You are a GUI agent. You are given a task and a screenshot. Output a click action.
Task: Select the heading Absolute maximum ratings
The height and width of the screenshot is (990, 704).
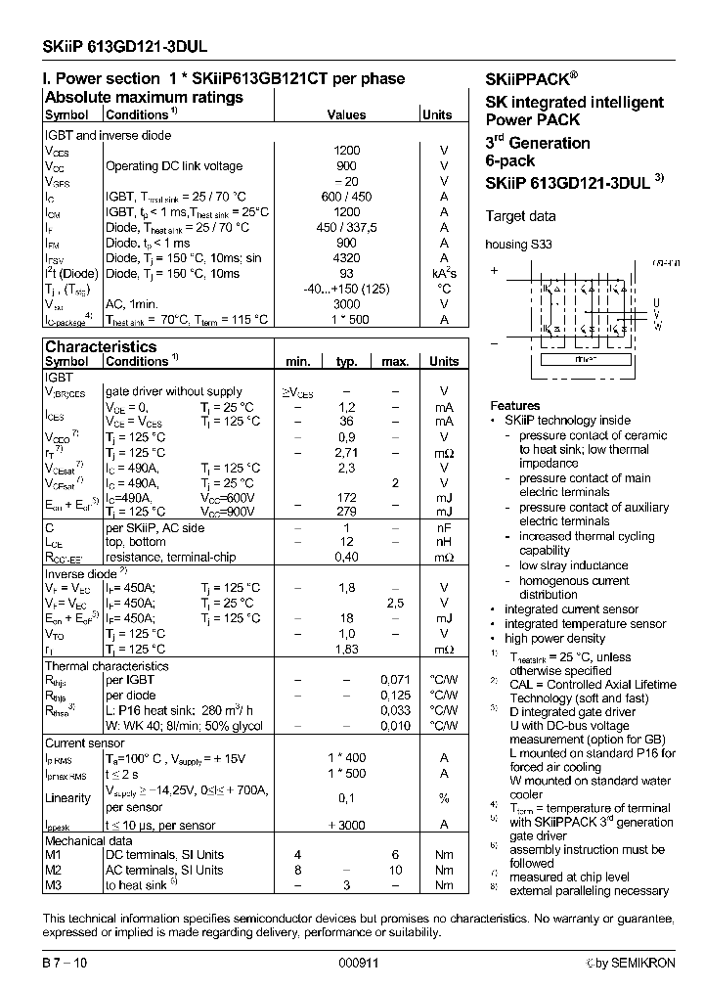point(144,98)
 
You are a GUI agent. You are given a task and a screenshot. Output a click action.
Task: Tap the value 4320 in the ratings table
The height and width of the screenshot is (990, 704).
point(347,258)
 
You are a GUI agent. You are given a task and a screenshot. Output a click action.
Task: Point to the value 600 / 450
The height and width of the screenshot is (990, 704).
point(347,197)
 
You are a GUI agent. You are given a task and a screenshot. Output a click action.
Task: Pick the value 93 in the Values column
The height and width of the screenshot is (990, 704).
point(347,274)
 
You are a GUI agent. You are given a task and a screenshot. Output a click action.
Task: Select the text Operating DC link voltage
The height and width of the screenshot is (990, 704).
point(173,166)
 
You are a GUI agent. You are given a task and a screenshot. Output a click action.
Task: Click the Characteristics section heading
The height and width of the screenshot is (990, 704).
point(101,346)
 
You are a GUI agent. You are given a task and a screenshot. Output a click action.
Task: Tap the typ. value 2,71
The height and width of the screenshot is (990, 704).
point(346,453)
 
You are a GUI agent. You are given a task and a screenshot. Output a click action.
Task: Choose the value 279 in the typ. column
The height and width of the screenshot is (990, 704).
point(346,512)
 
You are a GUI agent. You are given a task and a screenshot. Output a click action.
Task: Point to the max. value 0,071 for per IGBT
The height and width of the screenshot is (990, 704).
point(395,679)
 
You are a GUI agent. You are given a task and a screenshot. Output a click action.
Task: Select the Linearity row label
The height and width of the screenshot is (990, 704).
point(68,798)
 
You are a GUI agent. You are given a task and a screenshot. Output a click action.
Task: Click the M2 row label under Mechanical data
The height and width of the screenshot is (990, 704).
point(54,870)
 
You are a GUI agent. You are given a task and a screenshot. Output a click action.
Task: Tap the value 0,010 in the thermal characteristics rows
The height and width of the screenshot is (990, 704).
point(395,725)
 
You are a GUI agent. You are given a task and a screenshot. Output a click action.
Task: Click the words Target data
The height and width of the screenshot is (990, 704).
point(521,216)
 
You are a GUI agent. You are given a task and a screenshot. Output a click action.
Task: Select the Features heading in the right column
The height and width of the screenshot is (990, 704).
point(514,405)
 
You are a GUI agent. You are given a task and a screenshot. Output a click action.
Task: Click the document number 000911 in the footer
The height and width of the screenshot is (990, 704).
point(358,963)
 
